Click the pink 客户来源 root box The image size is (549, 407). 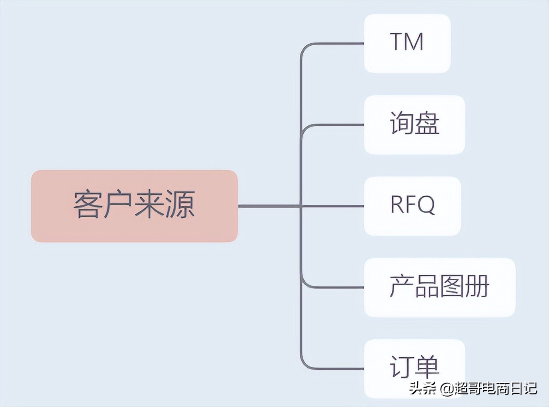coord(134,206)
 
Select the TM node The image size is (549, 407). coord(407,43)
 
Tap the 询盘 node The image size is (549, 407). coord(414,125)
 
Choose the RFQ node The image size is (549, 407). coord(412,206)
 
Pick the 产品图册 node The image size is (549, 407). coord(439,287)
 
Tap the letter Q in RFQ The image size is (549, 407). coord(427,205)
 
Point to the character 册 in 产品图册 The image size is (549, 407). coord(477,286)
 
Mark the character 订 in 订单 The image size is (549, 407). coord(401,367)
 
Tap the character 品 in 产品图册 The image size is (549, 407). coord(427,286)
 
